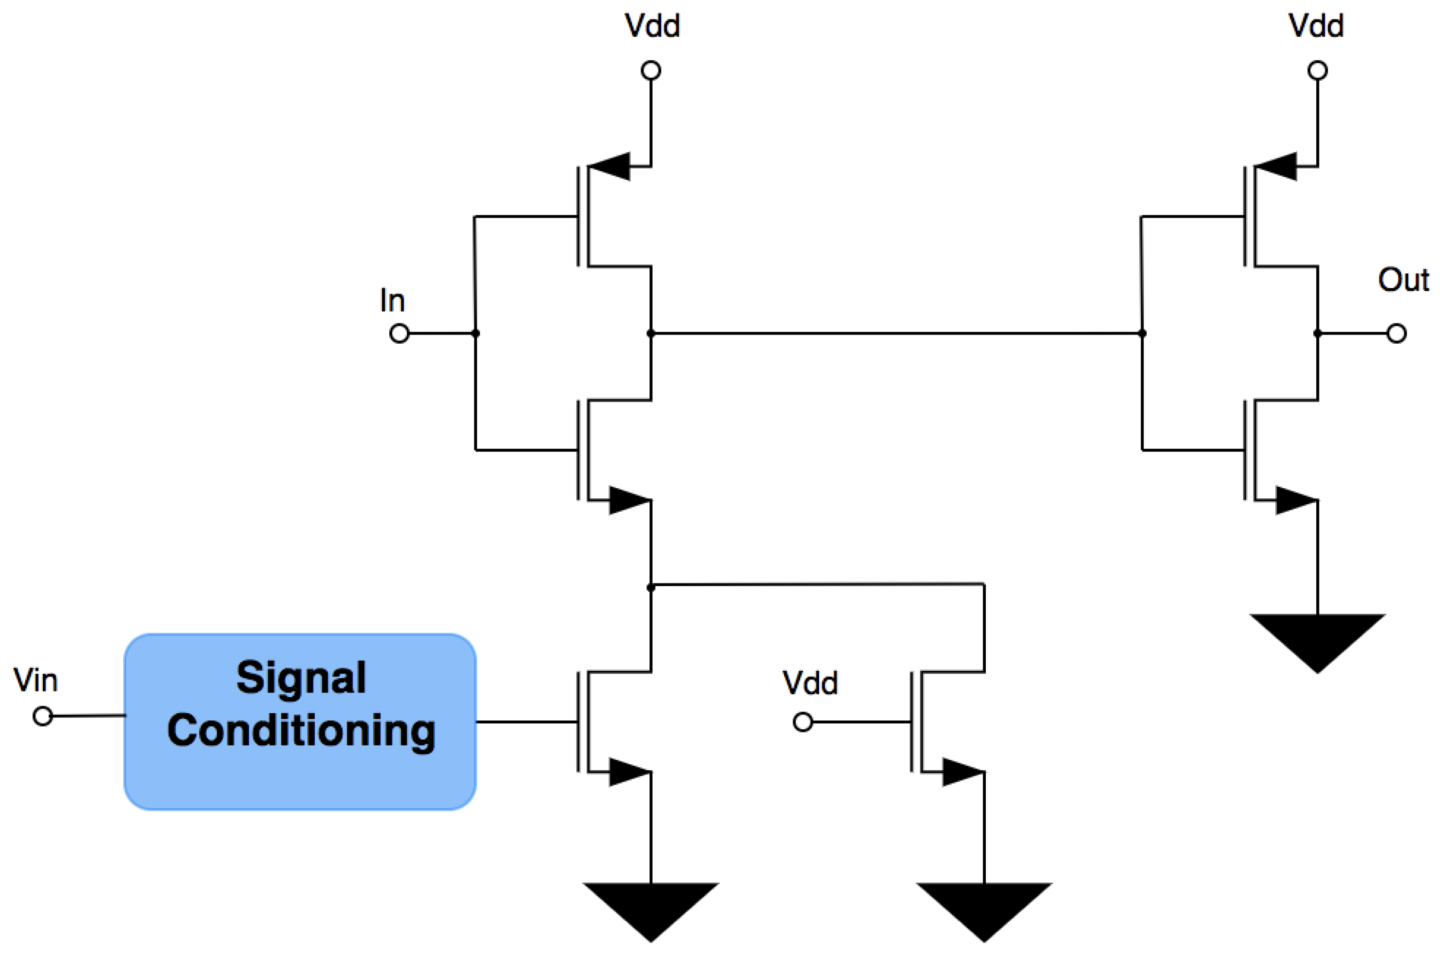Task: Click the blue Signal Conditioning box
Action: [x=299, y=721]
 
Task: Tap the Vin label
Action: [x=35, y=680]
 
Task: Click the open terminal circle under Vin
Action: [x=42, y=716]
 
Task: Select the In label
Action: [x=392, y=300]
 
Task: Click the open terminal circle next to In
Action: [x=399, y=334]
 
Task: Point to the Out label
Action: [x=1403, y=280]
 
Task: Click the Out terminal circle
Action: [x=1397, y=334]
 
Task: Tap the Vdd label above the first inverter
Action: [x=651, y=26]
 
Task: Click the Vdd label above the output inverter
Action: [x=1316, y=26]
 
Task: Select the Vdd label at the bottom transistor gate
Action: [x=810, y=682]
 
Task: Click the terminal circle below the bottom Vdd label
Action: [x=803, y=722]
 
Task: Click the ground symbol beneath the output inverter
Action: [x=1317, y=641]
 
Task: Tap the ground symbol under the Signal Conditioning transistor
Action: [x=651, y=910]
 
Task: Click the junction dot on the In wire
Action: [x=475, y=334]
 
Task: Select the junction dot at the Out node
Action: [x=1317, y=334]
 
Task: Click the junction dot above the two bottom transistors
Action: [x=651, y=588]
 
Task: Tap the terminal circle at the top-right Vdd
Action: [x=1317, y=71]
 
